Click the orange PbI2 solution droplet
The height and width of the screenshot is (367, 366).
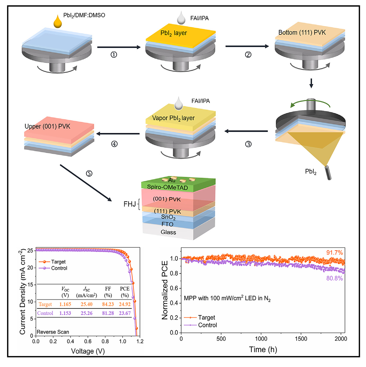point(58,21)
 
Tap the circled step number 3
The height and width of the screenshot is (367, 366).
point(248,144)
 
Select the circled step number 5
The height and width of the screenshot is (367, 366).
point(89,173)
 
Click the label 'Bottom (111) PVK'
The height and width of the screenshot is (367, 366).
point(302,32)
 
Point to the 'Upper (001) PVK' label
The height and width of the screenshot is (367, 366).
point(47,126)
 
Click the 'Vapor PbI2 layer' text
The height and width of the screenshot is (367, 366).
point(173,118)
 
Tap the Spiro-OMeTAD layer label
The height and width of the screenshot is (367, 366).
point(168,187)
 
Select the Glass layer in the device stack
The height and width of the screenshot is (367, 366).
point(168,232)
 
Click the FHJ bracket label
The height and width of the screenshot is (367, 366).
point(130,204)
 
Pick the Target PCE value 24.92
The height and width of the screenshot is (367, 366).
point(125,304)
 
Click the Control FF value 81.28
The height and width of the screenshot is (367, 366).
point(108,313)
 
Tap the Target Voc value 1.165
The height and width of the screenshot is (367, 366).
point(65,304)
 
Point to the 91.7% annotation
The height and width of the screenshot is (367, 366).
point(334,253)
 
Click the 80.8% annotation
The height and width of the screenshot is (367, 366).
point(334,278)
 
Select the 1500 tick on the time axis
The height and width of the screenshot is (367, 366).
point(301,339)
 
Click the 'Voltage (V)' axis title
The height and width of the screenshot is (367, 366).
point(88,351)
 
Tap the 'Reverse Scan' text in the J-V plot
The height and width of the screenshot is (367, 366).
point(53,332)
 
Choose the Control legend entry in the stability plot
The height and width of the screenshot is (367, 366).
point(207,325)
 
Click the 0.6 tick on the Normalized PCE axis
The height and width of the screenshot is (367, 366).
point(174,288)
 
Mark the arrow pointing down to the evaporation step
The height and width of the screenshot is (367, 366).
point(311,83)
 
